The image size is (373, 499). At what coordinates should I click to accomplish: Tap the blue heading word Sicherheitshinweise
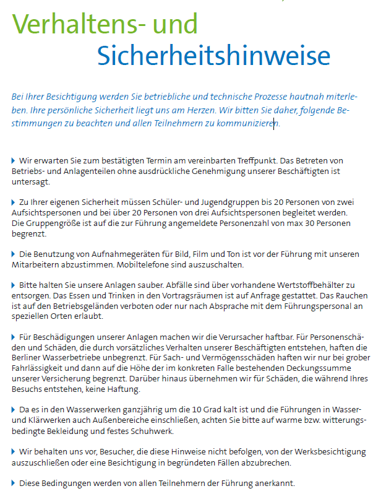point(214,56)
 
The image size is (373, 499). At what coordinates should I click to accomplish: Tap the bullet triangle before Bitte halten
point(14,285)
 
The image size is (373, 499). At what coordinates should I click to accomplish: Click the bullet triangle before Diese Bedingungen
point(14,483)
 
